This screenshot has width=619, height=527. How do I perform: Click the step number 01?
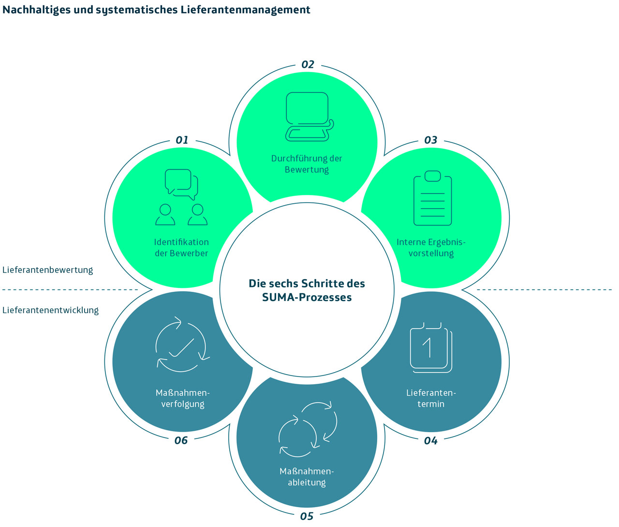pyautogui.click(x=182, y=140)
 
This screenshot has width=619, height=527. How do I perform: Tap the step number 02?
pyautogui.click(x=308, y=65)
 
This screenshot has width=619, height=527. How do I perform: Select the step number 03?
pyautogui.click(x=430, y=140)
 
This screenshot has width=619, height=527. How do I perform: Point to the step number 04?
pyautogui.click(x=430, y=441)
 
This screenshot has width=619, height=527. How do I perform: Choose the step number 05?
pyautogui.click(x=307, y=516)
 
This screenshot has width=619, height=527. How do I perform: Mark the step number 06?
pyautogui.click(x=181, y=440)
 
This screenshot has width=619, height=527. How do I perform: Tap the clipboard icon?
pyautogui.click(x=432, y=198)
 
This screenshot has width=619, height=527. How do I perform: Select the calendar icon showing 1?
pyautogui.click(x=430, y=348)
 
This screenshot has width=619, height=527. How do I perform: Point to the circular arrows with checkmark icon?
pyautogui.click(x=181, y=346)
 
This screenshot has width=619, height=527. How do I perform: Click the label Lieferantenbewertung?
pyautogui.click(x=47, y=270)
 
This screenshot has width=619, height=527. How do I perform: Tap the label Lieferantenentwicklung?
pyautogui.click(x=50, y=310)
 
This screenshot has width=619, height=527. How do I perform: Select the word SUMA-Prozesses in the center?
pyautogui.click(x=307, y=298)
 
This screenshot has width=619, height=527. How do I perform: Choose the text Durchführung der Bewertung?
pyautogui.click(x=307, y=164)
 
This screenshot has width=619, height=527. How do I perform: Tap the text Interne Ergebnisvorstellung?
pyautogui.click(x=431, y=248)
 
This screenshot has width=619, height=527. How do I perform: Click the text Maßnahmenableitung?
pyautogui.click(x=307, y=477)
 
